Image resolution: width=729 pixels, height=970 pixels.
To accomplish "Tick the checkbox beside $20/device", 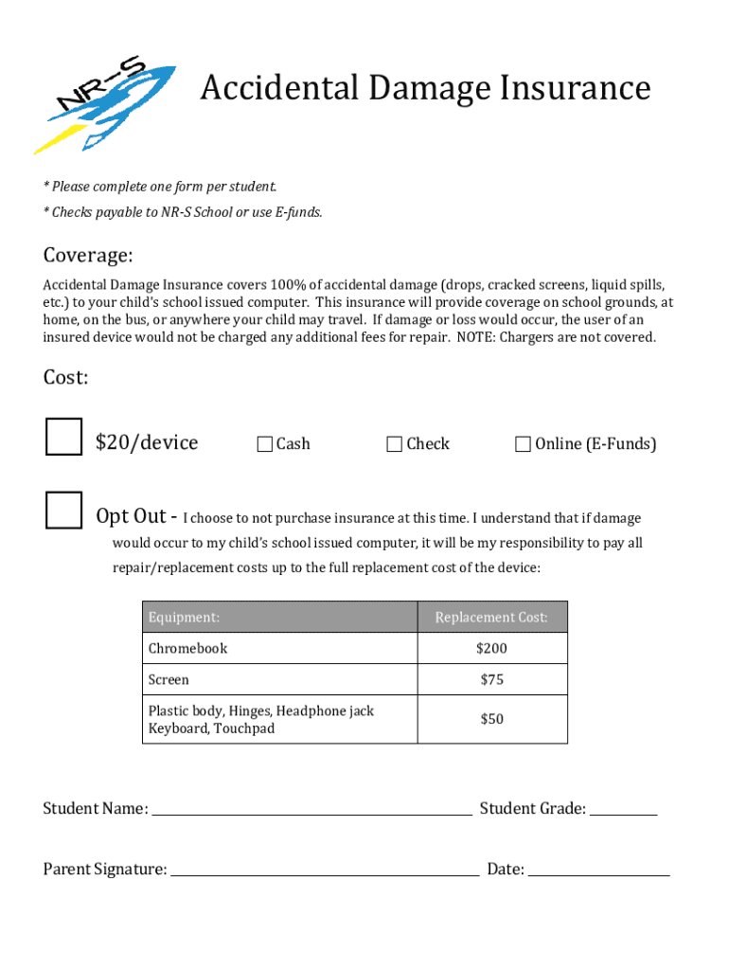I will pyautogui.click(x=64, y=437).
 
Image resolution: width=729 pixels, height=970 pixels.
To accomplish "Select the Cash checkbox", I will pyautogui.click(x=265, y=444).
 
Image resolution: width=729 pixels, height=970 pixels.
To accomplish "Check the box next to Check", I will pyautogui.click(x=395, y=444).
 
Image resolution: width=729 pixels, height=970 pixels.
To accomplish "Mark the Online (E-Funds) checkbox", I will pyautogui.click(x=523, y=444).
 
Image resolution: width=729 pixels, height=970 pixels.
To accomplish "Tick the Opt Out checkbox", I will pyautogui.click(x=64, y=510).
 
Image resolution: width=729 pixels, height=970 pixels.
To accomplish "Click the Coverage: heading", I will pyautogui.click(x=88, y=256).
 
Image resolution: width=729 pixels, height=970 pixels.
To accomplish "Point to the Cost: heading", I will pyautogui.click(x=66, y=377).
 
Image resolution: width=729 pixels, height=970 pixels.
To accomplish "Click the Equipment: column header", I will pyautogui.click(x=185, y=618).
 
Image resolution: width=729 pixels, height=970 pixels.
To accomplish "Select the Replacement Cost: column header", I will pyautogui.click(x=491, y=618).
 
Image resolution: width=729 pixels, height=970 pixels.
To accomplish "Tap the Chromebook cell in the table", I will pyautogui.click(x=188, y=649).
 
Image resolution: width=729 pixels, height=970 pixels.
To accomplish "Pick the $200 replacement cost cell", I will pyautogui.click(x=491, y=649).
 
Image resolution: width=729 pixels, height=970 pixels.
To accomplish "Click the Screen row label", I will pyautogui.click(x=169, y=680).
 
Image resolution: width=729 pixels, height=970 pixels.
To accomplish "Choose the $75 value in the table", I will pyautogui.click(x=491, y=680).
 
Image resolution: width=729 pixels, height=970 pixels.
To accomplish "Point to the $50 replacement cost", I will pyautogui.click(x=491, y=719).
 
